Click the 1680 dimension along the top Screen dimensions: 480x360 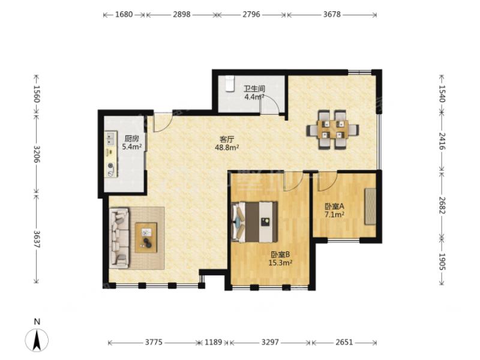point(124,14)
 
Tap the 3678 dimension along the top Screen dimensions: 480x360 point(332,14)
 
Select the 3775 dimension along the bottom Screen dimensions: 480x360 point(154,342)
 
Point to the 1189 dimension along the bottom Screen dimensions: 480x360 point(214,342)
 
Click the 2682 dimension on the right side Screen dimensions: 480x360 point(442,205)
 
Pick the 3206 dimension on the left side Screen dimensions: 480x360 point(37,154)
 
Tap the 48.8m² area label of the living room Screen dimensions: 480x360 point(227,148)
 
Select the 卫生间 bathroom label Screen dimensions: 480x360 point(254,89)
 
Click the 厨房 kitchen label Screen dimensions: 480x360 point(131,139)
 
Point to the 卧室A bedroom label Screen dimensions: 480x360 point(334,206)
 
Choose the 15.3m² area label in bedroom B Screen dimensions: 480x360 point(280,262)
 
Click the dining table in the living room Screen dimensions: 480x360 point(333,130)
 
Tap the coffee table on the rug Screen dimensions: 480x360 point(146,238)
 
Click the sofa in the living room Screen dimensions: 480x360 point(119,238)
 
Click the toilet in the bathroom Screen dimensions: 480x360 point(230,83)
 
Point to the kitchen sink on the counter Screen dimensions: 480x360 point(111,138)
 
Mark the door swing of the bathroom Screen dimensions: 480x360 point(269,104)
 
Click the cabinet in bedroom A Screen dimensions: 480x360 point(370,206)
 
